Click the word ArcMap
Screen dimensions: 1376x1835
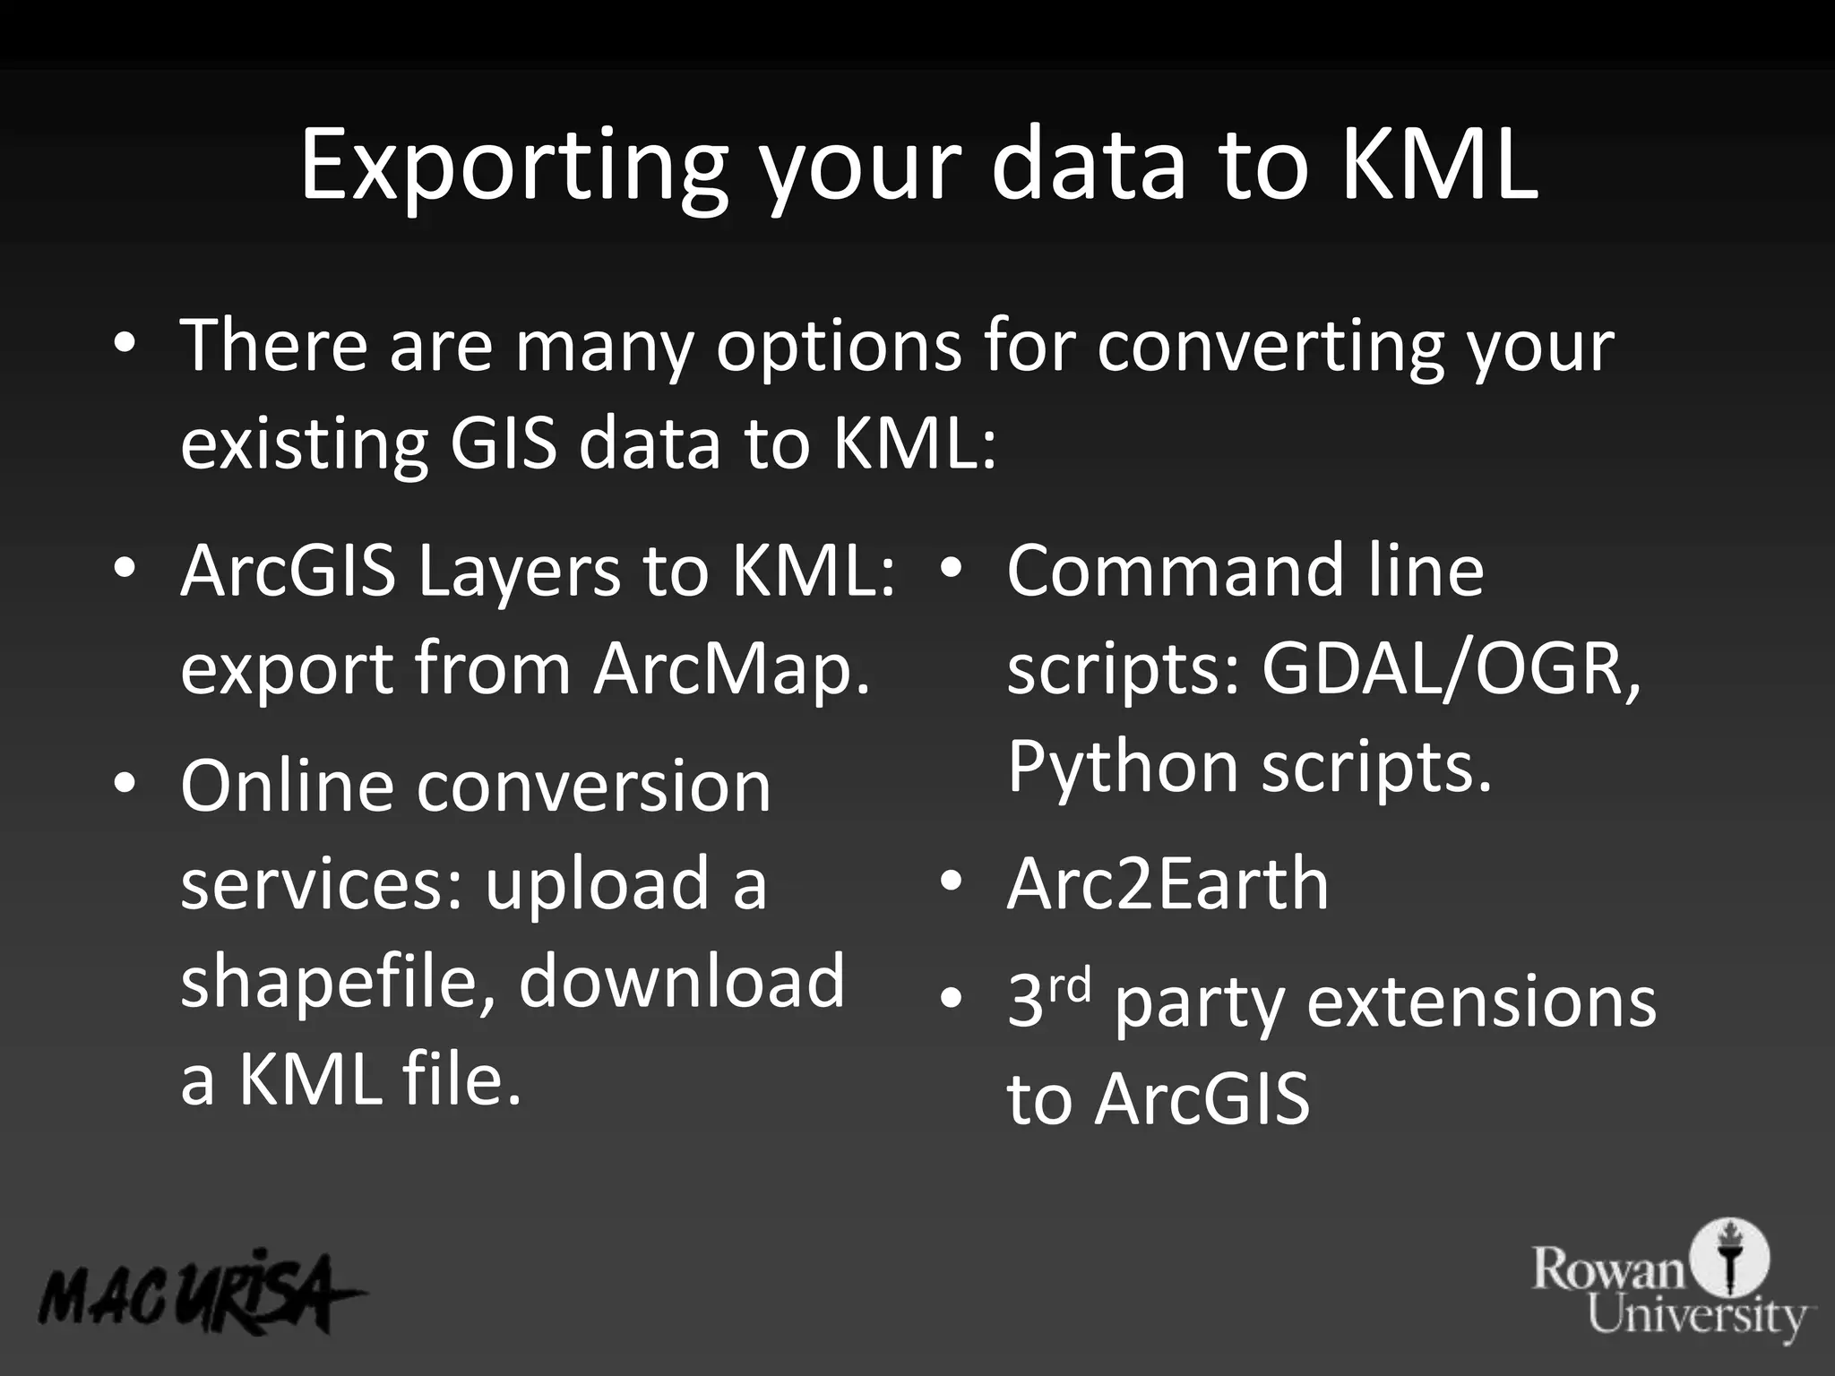click(731, 668)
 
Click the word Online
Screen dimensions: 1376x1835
click(287, 786)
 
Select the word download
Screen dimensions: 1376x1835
click(681, 981)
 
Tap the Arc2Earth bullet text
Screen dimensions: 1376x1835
click(1167, 884)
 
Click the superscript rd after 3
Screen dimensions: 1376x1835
click(1070, 985)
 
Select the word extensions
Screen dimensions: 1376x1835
click(1481, 1002)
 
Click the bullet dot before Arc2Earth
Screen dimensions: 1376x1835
click(952, 881)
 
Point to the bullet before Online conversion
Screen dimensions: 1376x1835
click(125, 784)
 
